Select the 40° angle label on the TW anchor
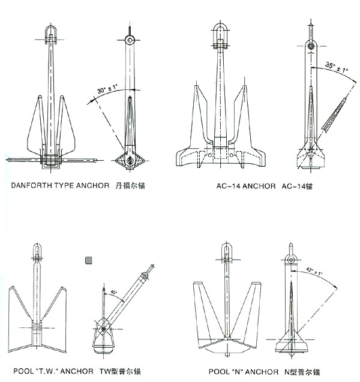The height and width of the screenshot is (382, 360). pos(113,293)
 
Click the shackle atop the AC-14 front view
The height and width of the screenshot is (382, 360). pos(221,34)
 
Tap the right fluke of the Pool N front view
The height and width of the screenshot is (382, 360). pos(251,309)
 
